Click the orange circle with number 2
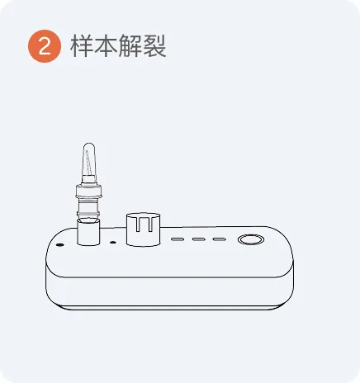coord(45,46)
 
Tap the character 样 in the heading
coord(82,45)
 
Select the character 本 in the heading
coord(107,45)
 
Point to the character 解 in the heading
coord(130,45)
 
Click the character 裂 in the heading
coord(154,45)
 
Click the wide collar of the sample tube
coord(89,191)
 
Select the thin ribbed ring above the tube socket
coord(88,214)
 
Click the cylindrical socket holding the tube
coord(88,232)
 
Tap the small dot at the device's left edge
coord(59,244)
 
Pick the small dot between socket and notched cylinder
coord(113,243)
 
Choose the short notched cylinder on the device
coord(144,229)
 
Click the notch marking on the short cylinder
coord(144,224)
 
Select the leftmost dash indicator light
coord(178,239)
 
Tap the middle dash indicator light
coord(198,239)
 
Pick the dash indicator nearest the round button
coord(220,239)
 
